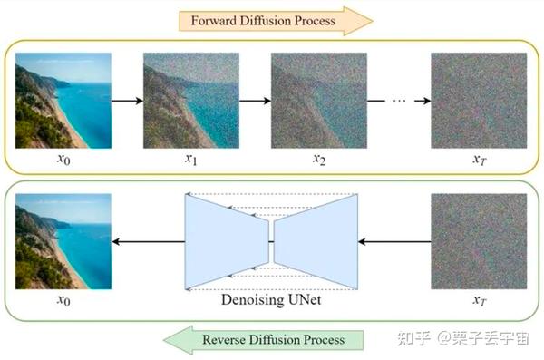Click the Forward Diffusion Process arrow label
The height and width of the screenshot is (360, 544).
pyautogui.click(x=270, y=19)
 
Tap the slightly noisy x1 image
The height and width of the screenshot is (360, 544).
pyautogui.click(x=191, y=100)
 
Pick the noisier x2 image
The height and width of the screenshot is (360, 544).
pyautogui.click(x=319, y=100)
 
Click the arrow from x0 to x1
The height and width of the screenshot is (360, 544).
pyautogui.click(x=127, y=101)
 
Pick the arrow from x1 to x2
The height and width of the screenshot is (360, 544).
pyautogui.click(x=255, y=101)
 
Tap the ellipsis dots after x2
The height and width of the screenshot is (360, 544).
pyautogui.click(x=397, y=101)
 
